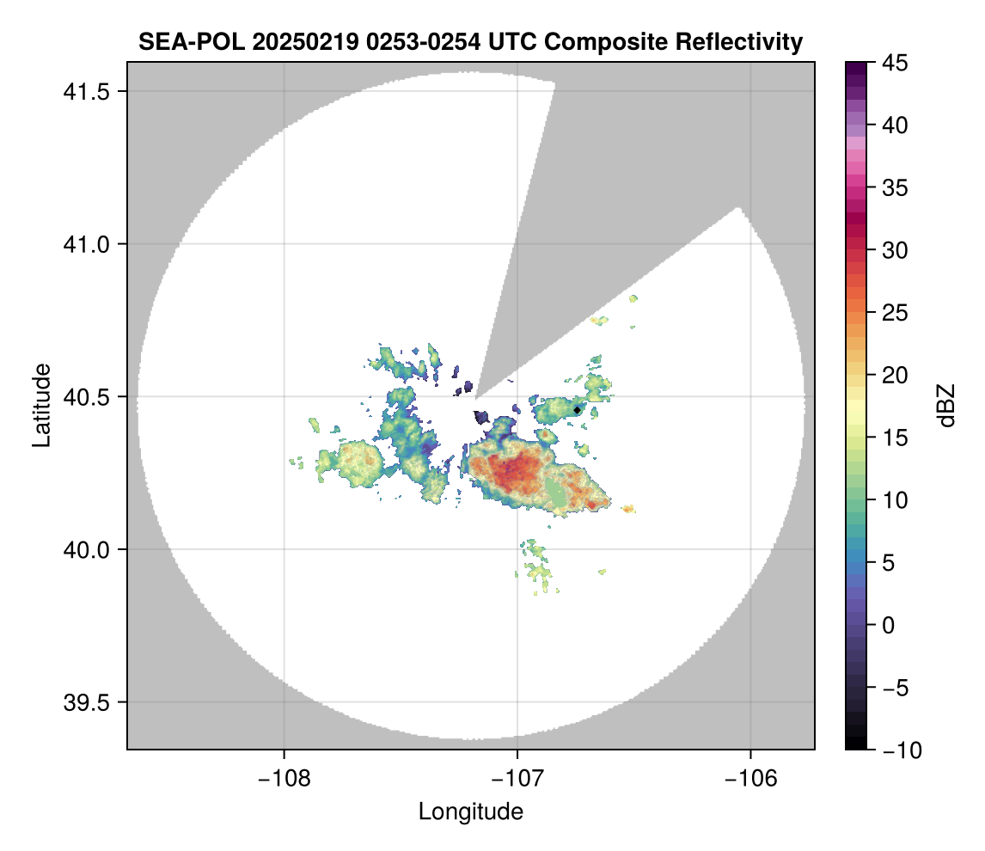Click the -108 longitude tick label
(x=283, y=779)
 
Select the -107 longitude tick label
(x=517, y=779)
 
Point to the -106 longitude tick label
(x=750, y=779)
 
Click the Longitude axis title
(x=470, y=811)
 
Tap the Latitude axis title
(x=40, y=405)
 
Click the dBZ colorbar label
(x=946, y=405)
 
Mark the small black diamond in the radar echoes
(x=577, y=411)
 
